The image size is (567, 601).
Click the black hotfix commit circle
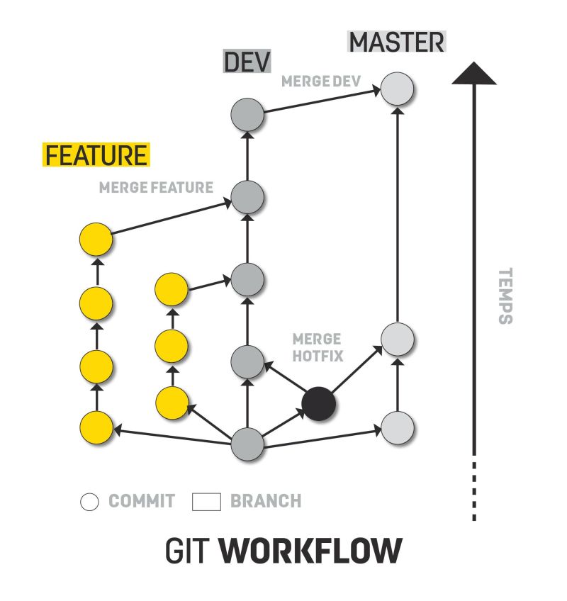[318, 404]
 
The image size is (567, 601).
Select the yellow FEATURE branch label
[96, 155]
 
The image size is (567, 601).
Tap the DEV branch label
[247, 62]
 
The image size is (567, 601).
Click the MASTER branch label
[397, 43]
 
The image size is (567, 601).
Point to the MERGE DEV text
[322, 82]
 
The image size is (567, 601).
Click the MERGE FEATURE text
[156, 188]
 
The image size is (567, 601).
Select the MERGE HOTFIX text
[317, 347]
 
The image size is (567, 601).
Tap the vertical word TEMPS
[505, 296]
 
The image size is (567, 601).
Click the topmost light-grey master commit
[397, 90]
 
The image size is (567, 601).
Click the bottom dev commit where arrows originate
[248, 444]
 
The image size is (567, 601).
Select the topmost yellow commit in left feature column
[96, 239]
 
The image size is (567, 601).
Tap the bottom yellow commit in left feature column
[96, 428]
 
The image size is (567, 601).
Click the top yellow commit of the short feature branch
[171, 289]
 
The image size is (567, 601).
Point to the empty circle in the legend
[89, 502]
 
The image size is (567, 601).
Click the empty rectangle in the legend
[207, 502]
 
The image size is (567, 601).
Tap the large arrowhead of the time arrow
[474, 74]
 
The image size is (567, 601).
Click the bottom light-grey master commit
[397, 427]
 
